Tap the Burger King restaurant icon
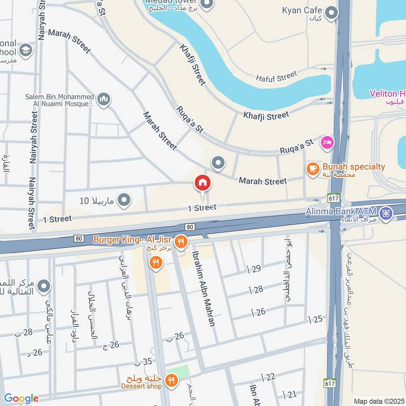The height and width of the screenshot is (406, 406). coord(181,242)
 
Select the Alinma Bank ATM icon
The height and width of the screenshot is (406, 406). coord(386,214)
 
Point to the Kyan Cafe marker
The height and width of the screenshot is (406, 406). coord(331,13)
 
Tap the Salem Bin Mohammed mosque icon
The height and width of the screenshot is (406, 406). coord(104,99)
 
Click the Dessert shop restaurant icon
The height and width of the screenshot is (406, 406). coord(172,381)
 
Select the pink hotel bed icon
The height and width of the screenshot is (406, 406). coord(327,143)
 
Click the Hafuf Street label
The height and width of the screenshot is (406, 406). coord(276,77)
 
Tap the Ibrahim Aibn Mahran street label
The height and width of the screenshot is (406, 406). coord(204,289)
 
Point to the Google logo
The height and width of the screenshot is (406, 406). coord(21,398)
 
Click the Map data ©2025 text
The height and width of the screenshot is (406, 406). coord(378,401)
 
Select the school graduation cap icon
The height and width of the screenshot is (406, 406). coord(25,50)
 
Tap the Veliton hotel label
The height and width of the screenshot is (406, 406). coord(387,94)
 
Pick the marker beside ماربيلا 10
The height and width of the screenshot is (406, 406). coord(124,200)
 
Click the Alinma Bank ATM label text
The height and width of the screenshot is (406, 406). coord(341,211)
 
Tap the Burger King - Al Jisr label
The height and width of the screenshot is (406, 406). coord(133,239)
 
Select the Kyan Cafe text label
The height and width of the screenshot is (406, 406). coord(303,10)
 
